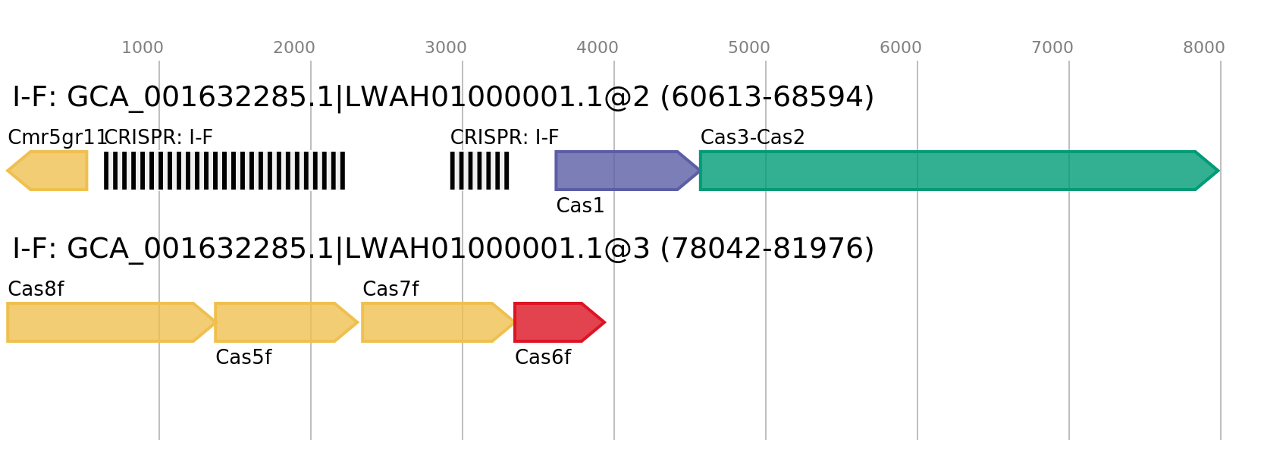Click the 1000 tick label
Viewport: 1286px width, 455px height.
[x=143, y=48]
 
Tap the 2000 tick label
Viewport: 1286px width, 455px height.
[x=294, y=48]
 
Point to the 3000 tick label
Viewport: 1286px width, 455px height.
[x=446, y=48]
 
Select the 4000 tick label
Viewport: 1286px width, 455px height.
[x=598, y=48]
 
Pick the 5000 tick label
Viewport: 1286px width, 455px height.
[x=749, y=48]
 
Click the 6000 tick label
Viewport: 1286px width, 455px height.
[x=901, y=48]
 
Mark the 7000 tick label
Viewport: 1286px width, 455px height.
[x=1052, y=48]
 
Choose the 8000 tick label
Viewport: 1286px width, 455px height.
[x=1204, y=48]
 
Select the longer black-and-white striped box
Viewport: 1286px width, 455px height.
[x=224, y=171]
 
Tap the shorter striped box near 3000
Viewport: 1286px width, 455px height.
[x=479, y=171]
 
